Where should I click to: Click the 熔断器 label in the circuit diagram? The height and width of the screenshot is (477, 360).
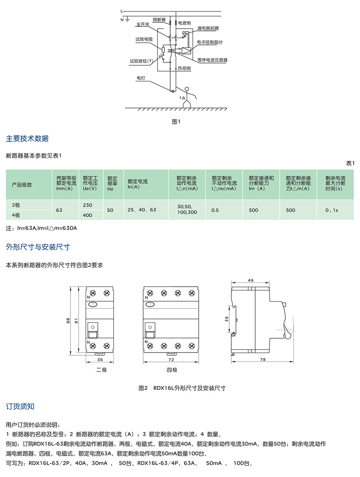[158, 19]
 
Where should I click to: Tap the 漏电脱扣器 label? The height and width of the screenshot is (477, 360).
[208, 29]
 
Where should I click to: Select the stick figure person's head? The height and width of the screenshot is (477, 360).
[187, 89]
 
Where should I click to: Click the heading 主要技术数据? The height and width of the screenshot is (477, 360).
[27, 139]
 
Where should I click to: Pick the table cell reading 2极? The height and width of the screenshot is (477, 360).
[16, 205]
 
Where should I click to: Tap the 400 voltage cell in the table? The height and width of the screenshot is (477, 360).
[88, 215]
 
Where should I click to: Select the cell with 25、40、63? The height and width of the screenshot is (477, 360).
[142, 210]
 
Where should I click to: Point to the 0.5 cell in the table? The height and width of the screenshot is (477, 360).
[215, 210]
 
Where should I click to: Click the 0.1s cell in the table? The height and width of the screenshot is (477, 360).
[332, 210]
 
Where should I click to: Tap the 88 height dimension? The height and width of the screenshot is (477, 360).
[68, 321]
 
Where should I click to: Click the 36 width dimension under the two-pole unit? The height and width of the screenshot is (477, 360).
[100, 359]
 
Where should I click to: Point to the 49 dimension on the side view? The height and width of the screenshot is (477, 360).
[251, 280]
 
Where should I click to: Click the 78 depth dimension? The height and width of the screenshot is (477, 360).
[262, 359]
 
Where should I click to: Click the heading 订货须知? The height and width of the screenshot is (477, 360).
[20, 406]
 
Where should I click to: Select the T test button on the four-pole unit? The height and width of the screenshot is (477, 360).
[150, 304]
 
